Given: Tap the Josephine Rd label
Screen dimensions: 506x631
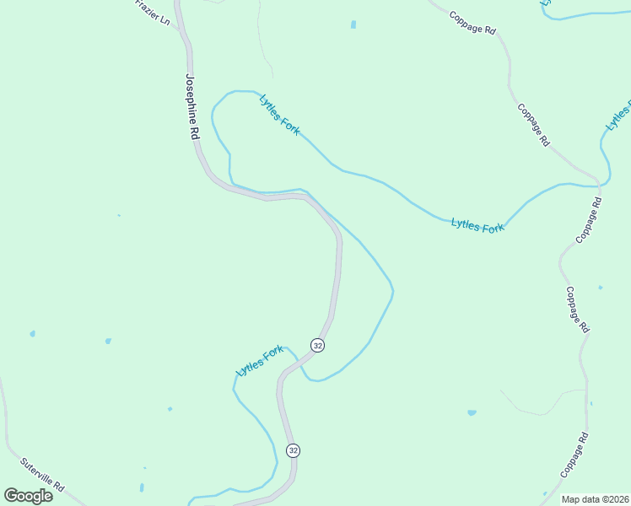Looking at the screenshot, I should (x=192, y=105).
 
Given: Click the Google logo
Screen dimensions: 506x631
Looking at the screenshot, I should (x=29, y=496).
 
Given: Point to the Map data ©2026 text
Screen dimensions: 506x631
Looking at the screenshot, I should (x=594, y=499).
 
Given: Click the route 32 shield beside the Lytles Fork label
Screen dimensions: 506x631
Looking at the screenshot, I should (x=317, y=345).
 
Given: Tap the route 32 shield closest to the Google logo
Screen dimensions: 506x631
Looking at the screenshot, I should (x=293, y=450).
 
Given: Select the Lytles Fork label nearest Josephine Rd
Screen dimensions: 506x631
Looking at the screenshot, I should (x=279, y=115).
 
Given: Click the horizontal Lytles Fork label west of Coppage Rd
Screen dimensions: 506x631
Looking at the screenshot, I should (x=477, y=226).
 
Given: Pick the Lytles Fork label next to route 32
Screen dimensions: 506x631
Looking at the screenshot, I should (x=259, y=361).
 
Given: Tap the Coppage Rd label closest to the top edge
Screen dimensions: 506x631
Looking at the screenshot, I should (x=472, y=23).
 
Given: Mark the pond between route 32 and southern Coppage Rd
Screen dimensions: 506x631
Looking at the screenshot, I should (x=472, y=413).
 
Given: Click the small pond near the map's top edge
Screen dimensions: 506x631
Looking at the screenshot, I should (x=353, y=24).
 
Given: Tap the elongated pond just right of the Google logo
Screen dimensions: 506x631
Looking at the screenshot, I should (x=141, y=487).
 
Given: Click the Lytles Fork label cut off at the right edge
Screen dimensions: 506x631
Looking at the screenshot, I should (x=618, y=116).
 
